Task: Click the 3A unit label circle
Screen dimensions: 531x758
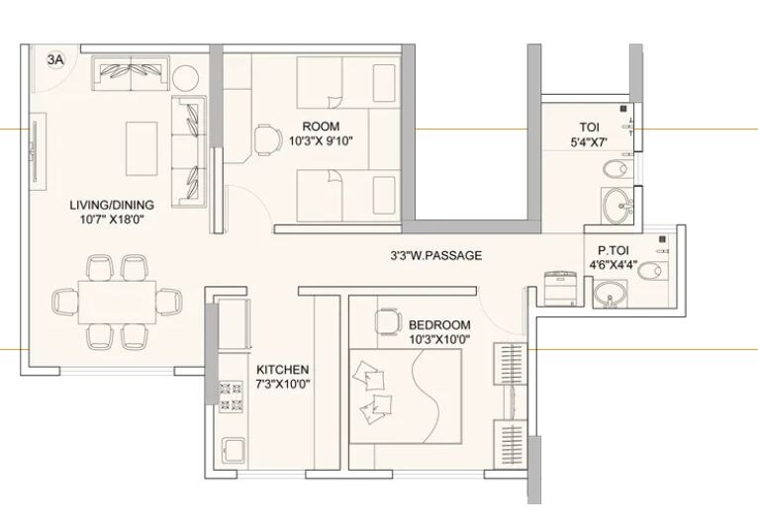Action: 55,60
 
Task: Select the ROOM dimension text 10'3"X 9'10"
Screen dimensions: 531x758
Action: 321,141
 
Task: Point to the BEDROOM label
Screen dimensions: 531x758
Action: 439,324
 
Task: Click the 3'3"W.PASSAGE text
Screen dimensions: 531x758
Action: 435,255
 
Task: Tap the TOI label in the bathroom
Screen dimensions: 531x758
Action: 590,127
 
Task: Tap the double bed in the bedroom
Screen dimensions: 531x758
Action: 406,396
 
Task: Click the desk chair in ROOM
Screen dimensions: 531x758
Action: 266,140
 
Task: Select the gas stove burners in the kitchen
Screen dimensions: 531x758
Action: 231,396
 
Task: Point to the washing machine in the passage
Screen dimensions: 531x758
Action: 561,290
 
